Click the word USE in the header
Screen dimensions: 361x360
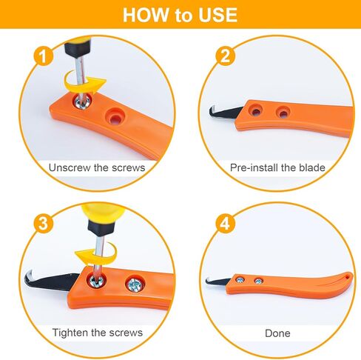tap(217, 15)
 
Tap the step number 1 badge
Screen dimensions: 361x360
tap(44, 56)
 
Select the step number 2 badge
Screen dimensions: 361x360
tap(226, 56)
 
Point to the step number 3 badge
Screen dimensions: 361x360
tap(44, 224)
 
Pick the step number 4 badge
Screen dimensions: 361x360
tap(226, 224)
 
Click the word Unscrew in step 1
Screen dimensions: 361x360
tap(70, 167)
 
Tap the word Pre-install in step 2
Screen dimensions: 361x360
tap(254, 167)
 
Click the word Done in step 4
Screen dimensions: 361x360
tap(277, 333)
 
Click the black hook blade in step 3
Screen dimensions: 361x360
tap(50, 281)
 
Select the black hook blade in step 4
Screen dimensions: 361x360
tap(217, 281)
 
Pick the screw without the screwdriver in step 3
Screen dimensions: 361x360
tap(135, 284)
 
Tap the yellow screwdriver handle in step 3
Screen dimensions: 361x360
tap(103, 213)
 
